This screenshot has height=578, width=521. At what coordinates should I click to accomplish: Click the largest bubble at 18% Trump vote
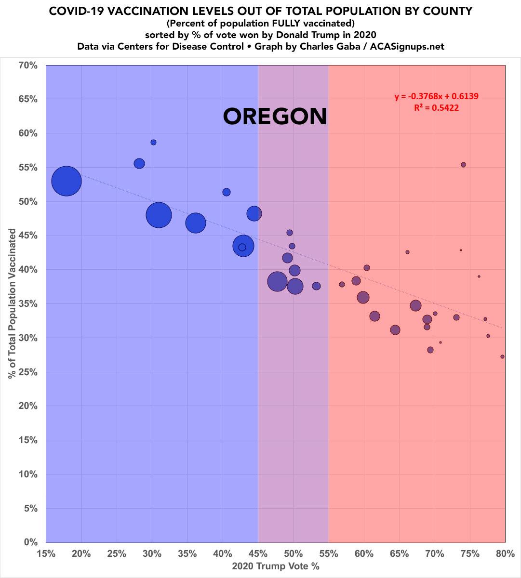tap(67, 181)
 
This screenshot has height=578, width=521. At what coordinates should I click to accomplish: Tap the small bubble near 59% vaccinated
tap(153, 143)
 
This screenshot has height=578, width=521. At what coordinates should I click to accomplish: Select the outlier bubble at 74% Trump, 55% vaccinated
tap(463, 165)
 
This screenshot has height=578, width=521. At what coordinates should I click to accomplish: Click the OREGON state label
tap(275, 117)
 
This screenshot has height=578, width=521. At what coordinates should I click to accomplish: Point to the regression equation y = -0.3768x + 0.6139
tap(436, 97)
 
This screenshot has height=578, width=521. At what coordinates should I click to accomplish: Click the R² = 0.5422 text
tap(436, 108)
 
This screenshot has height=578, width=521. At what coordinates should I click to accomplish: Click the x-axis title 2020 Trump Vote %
tap(276, 566)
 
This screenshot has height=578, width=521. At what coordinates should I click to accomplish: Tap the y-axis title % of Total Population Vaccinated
tap(12, 303)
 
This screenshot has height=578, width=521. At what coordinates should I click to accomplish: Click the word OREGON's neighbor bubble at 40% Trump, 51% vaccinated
tap(227, 192)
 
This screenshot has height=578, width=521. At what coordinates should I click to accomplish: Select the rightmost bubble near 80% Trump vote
tap(502, 357)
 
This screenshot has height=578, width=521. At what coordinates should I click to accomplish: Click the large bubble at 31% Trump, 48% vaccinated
tap(159, 215)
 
